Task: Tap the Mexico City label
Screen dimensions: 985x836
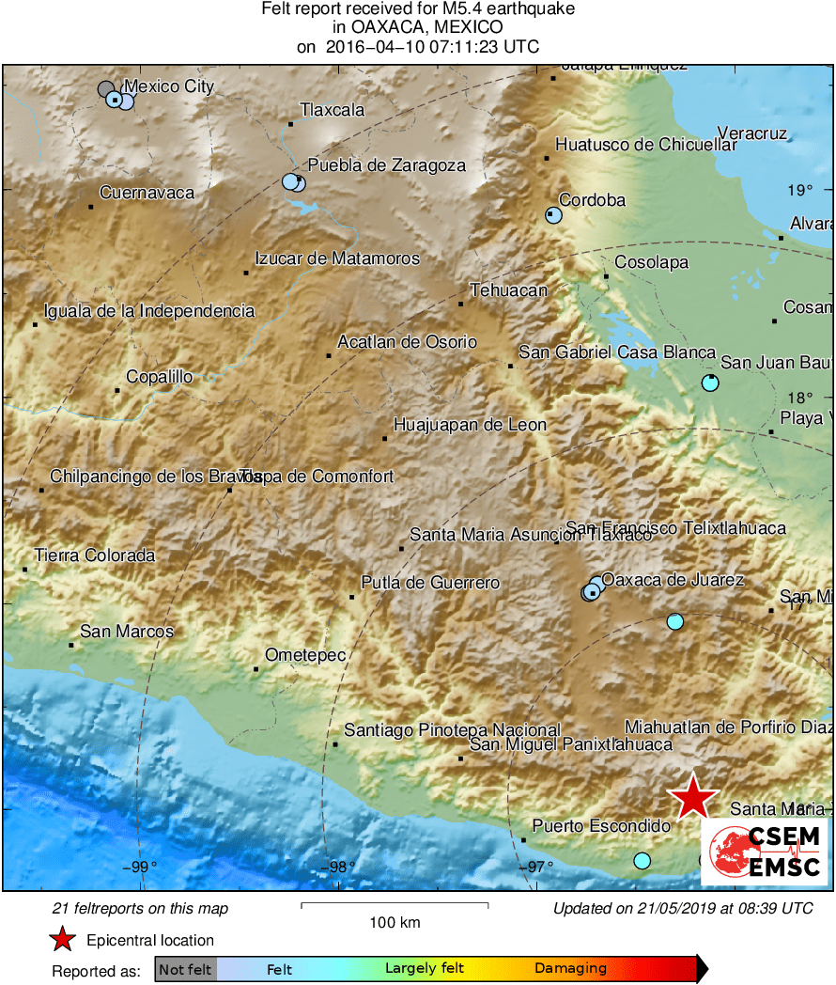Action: click(x=169, y=87)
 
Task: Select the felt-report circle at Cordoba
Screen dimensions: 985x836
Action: click(x=553, y=215)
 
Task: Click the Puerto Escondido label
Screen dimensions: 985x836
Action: click(x=601, y=826)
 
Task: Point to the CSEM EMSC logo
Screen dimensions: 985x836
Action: click(x=765, y=852)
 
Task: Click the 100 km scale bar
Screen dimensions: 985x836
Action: click(x=395, y=905)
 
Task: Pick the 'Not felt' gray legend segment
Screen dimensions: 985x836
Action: click(x=186, y=968)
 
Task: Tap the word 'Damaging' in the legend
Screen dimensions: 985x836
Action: click(x=570, y=968)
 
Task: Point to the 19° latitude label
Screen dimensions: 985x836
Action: click(x=800, y=191)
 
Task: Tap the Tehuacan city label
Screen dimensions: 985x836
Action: click(x=508, y=290)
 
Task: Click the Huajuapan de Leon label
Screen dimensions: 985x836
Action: click(x=470, y=425)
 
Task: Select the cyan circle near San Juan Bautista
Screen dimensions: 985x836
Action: click(x=710, y=383)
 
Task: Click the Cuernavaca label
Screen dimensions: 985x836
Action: click(x=147, y=193)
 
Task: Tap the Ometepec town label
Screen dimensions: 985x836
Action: click(x=305, y=655)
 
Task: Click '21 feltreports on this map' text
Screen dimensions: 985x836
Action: click(x=140, y=909)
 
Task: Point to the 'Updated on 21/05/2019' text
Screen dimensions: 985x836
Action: click(x=683, y=909)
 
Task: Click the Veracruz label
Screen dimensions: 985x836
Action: click(x=751, y=133)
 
